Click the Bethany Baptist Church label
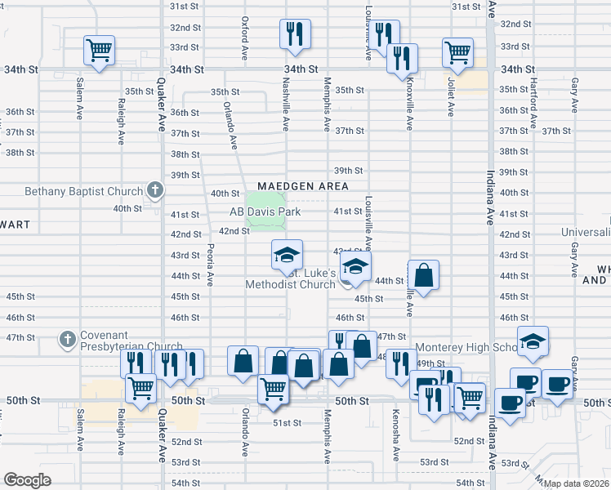click(x=72, y=192)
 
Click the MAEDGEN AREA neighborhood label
click(x=303, y=187)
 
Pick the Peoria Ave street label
click(x=211, y=264)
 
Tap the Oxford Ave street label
click(x=244, y=40)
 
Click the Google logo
click(x=27, y=480)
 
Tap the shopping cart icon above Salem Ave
click(x=100, y=51)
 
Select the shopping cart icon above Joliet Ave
click(x=458, y=52)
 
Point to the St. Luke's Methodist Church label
click(x=292, y=278)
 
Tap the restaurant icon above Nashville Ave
click(x=294, y=33)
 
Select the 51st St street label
click(x=288, y=422)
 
